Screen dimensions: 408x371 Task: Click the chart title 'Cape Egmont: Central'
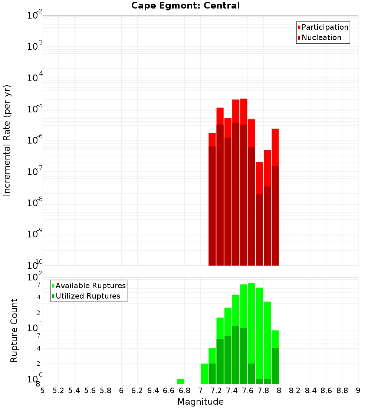point(185,6)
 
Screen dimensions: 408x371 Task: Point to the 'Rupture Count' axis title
point(14,330)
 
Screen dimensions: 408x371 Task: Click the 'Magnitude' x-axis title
point(200,402)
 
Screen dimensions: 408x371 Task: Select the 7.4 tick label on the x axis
point(232,391)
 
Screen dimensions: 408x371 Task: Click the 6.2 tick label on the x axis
point(137,391)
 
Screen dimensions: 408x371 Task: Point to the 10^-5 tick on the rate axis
point(35,109)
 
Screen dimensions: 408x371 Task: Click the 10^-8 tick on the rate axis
point(35,203)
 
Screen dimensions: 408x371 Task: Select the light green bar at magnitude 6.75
point(181,381)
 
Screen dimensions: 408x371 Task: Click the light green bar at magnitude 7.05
point(204,374)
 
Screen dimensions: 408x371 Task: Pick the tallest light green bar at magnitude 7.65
point(252,323)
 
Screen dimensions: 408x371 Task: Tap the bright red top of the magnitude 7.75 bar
point(259,178)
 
